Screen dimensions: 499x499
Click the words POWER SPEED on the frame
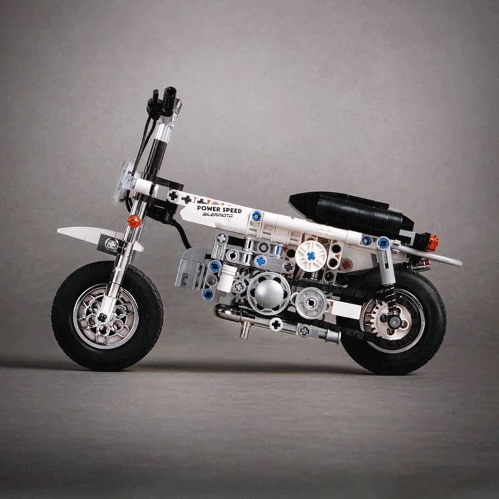(218, 210)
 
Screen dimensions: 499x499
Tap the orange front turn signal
(132, 220)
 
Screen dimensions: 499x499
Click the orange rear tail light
(432, 242)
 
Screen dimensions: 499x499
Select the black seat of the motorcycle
(349, 210)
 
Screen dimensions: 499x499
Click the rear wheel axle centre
(394, 321)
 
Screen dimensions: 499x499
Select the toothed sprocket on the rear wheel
(374, 315)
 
